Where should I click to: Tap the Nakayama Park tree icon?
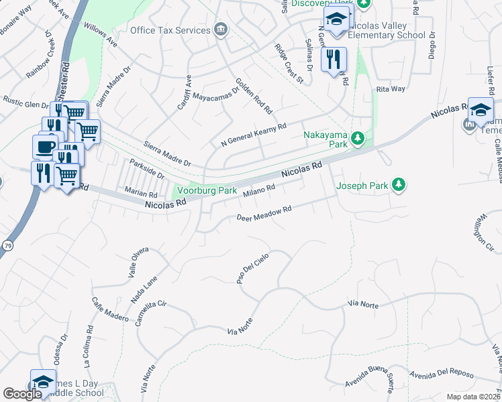click(358, 139)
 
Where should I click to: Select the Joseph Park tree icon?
click(399, 184)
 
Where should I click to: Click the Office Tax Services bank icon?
click(220, 29)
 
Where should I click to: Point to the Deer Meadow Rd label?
click(264, 214)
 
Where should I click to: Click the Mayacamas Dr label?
click(216, 93)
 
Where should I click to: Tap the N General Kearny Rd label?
click(254, 135)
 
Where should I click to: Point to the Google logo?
click(22, 394)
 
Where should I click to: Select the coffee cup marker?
click(46, 146)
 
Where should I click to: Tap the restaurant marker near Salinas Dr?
click(334, 59)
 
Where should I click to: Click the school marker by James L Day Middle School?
click(43, 382)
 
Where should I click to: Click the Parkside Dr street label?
click(147, 169)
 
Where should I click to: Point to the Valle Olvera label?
click(138, 263)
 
